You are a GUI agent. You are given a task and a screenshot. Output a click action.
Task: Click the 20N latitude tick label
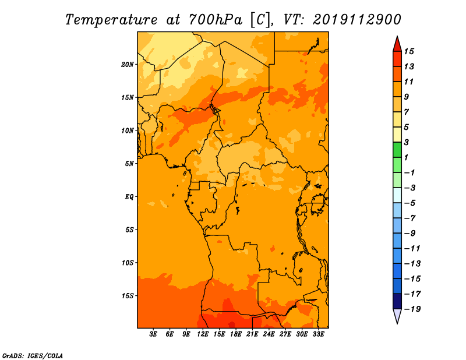coord(128,65)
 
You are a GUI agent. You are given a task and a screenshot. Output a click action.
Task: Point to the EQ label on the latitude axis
coord(129,197)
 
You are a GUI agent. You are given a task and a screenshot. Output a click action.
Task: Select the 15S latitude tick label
coord(128,296)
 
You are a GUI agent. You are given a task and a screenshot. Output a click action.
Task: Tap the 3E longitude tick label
coord(153,334)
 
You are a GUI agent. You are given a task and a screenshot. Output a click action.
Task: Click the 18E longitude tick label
coord(236,334)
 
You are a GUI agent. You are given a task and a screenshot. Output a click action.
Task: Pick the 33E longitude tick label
coord(318,334)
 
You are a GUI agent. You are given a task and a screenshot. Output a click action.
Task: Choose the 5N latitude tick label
coord(129,164)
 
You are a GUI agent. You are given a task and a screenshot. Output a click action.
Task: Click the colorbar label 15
coord(409,51)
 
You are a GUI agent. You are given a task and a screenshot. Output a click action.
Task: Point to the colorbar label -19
coord(412,309)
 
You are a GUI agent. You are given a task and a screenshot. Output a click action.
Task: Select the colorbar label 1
coord(406,157)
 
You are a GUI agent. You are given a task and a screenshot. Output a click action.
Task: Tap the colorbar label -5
coord(410,203)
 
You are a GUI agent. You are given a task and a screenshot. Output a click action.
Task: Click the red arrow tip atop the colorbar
coord(397,37)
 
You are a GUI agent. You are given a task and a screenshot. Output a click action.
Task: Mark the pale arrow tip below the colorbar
coord(397,323)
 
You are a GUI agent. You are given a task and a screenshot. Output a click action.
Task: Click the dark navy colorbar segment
coord(397,301)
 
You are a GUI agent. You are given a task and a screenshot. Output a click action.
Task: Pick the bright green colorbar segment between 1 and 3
coord(397,150)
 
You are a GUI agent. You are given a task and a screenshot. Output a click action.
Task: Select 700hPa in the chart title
coord(216,20)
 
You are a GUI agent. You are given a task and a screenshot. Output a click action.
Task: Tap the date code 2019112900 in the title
coord(357,20)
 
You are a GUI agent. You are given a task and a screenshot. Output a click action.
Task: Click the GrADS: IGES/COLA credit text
coord(33,356)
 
